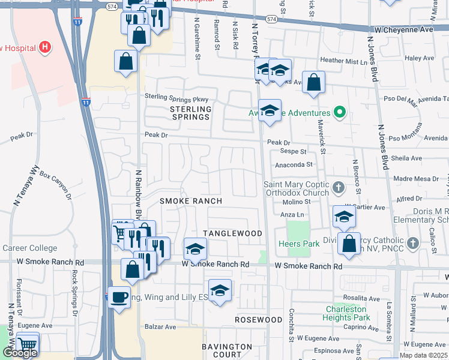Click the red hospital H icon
44,47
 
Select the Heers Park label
299,244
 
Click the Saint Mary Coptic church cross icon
339,188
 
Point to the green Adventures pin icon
340,112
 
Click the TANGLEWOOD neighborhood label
233,233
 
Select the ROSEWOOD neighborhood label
258,320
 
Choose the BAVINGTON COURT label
227,350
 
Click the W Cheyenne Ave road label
404,29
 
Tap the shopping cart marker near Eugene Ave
28,344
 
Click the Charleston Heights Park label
346,313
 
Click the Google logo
20,353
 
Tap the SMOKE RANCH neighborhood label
191,200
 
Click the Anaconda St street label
294,164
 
